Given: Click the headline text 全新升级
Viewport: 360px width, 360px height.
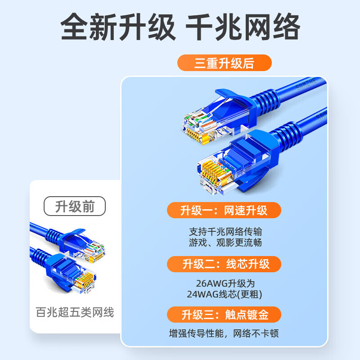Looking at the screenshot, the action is (118, 27).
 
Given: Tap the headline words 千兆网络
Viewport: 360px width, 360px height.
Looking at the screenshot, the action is (243, 27).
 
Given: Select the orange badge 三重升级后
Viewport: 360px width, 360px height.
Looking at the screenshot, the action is (224, 63).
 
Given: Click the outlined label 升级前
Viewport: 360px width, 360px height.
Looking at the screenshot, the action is (75, 206).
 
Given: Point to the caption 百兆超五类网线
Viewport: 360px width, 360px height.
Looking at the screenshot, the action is (75, 312).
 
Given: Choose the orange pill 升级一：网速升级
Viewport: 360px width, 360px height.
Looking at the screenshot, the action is (224, 210).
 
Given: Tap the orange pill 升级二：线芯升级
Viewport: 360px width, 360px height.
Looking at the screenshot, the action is (224, 264).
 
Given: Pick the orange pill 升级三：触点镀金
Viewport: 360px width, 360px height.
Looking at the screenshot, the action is (224, 315).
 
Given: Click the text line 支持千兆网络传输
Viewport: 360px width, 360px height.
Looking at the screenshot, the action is (225, 232).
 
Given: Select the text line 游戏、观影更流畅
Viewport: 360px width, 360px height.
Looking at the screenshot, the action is (225, 243).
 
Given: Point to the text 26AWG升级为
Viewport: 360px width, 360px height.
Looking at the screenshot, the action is (225, 283).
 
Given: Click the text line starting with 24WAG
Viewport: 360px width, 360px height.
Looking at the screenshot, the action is (224, 294).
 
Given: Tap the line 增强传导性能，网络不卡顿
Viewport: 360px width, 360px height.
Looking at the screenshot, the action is (224, 333).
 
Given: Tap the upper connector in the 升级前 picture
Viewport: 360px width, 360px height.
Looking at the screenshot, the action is (83, 246).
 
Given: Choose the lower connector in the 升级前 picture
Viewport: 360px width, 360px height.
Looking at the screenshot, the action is (71, 273).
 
